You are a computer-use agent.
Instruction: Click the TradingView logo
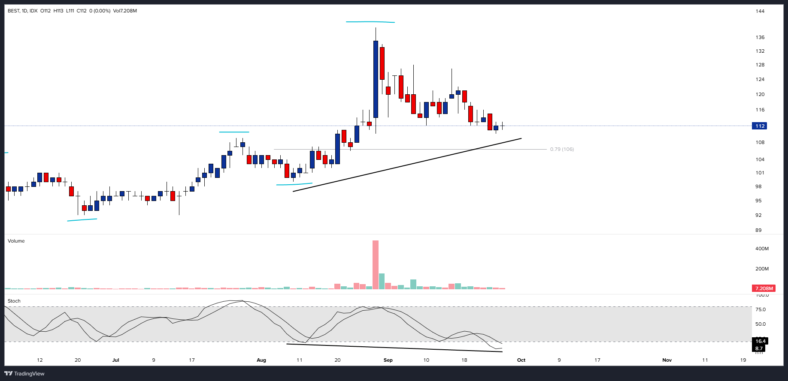[24, 373]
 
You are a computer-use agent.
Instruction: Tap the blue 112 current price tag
[759, 126]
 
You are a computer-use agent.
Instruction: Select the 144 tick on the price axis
[760, 11]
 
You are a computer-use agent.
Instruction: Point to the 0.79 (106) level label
[562, 149]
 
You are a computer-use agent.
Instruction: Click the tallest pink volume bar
[376, 264]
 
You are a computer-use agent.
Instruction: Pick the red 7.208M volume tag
[764, 288]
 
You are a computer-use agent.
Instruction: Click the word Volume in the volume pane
[16, 241]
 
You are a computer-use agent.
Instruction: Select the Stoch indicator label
[14, 301]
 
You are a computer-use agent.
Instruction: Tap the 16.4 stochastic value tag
[760, 341]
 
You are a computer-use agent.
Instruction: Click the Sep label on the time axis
[388, 360]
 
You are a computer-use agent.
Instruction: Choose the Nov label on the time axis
[667, 360]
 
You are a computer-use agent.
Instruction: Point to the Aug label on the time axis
[261, 360]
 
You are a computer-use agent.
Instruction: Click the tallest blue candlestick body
[376, 79]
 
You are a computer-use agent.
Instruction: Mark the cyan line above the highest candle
[370, 21]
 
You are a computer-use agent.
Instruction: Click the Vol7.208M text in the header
[125, 11]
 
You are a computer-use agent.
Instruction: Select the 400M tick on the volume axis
[762, 249]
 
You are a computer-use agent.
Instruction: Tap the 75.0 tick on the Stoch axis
[760, 309]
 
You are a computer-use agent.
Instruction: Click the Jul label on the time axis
[115, 360]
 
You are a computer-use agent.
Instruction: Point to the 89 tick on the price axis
[758, 230]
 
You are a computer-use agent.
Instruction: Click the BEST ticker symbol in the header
[13, 11]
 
